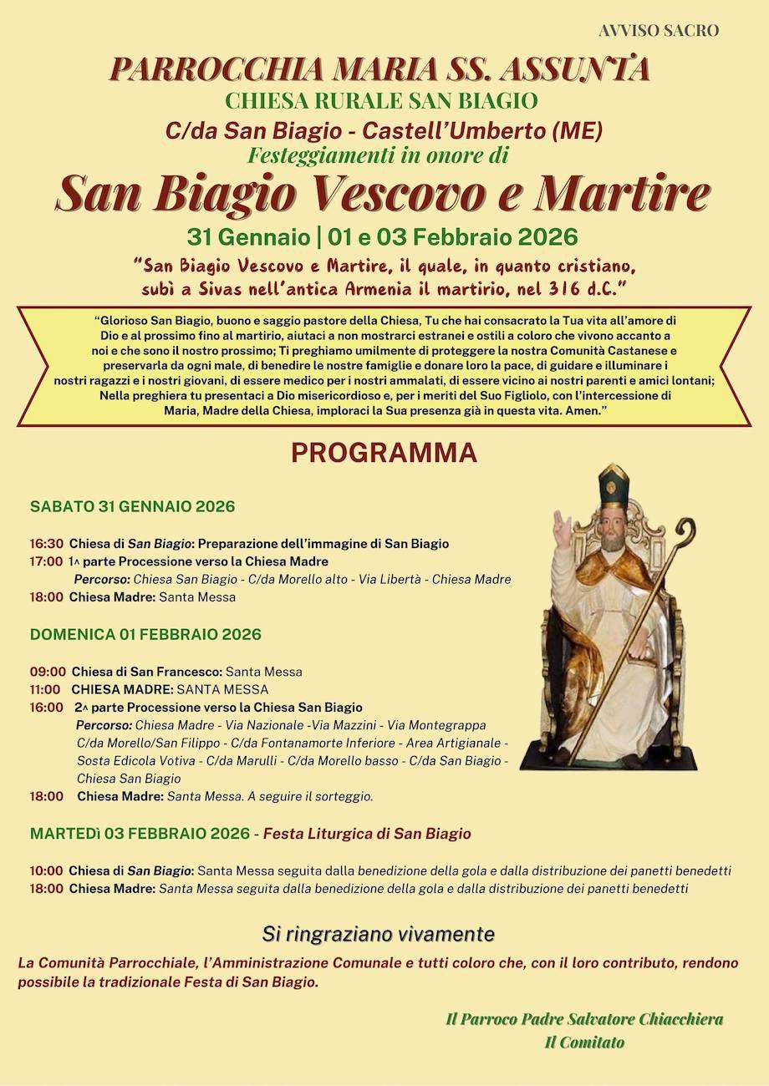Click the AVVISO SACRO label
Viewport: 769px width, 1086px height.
coord(659,31)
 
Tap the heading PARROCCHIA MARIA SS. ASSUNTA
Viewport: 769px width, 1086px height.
coord(379,69)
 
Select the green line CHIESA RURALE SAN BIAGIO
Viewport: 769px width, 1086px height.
coord(381,102)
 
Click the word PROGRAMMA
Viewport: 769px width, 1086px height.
coord(384,453)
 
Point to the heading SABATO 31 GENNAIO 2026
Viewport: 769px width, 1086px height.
coord(132,506)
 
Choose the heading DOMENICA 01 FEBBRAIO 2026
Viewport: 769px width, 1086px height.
coord(145,634)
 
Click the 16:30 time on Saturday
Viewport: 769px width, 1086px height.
coord(46,544)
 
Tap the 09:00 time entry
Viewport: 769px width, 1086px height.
coord(48,672)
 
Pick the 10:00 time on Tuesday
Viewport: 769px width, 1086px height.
coord(46,870)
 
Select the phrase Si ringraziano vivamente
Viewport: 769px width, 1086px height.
coord(379,933)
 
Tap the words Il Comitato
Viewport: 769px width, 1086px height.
coord(584,1042)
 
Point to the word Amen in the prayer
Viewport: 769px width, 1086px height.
coord(588,413)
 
